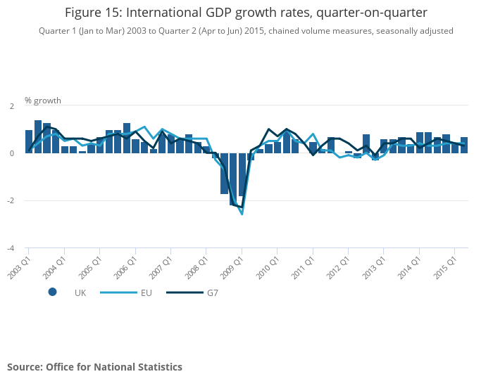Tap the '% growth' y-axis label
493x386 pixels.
42,100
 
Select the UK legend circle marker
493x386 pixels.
52,292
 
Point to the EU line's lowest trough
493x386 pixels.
242,214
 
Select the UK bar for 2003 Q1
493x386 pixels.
29,141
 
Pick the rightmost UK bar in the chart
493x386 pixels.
464,145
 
